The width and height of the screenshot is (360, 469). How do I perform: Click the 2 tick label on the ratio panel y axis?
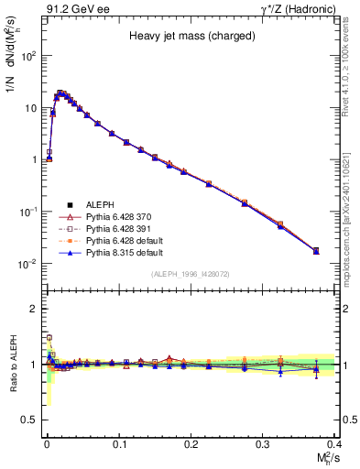click(36, 309)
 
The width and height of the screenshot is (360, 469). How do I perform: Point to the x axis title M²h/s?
click(322, 457)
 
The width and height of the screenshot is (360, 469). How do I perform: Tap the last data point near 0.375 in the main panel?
click(316, 250)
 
